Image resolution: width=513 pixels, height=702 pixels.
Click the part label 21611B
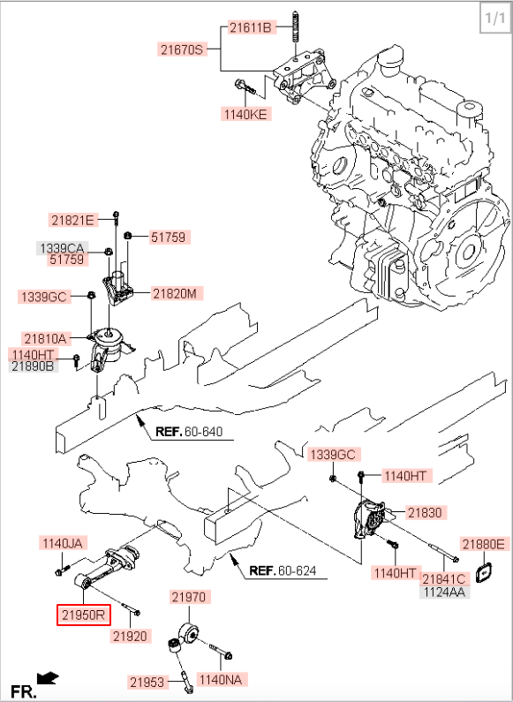click(x=251, y=27)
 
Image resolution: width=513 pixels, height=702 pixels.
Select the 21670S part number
click(x=182, y=49)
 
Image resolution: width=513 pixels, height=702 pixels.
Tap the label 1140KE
click(x=245, y=114)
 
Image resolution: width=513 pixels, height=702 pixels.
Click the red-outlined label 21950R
click(x=84, y=615)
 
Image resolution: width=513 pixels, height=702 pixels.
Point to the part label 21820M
click(x=175, y=294)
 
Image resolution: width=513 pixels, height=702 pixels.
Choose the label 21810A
click(x=45, y=339)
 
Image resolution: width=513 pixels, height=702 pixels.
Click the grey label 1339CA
click(x=62, y=248)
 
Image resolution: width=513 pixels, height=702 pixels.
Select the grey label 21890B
click(x=34, y=366)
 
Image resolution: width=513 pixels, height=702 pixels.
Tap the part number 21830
click(x=425, y=513)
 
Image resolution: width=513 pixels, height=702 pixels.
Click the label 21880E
click(x=484, y=545)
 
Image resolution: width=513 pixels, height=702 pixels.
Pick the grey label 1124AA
click(x=444, y=592)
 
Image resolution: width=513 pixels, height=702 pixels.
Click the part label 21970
click(x=189, y=597)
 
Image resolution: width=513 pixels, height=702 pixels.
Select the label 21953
click(x=147, y=683)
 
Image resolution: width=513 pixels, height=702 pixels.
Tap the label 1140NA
click(x=221, y=680)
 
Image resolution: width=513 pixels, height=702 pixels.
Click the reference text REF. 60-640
click(x=189, y=432)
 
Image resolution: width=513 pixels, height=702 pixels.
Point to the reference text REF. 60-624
click(x=283, y=570)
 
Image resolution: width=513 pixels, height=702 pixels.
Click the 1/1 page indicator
click(x=495, y=19)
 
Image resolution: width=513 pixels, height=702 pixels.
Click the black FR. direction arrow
click(x=48, y=679)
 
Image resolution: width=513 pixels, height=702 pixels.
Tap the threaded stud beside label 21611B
click(x=297, y=33)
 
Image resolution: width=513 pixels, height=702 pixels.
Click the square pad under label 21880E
click(x=484, y=574)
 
